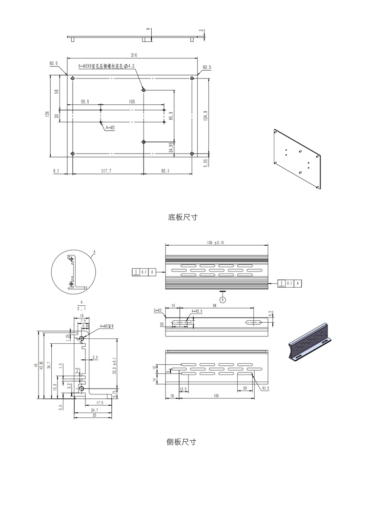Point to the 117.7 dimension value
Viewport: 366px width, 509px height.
(106, 171)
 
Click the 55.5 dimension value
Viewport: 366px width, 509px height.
(85, 102)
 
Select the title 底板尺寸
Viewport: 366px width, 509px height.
(183, 217)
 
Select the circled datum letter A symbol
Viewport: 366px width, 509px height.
(223, 300)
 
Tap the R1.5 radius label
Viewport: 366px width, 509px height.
(265, 389)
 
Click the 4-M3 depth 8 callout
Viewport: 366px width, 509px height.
(106, 326)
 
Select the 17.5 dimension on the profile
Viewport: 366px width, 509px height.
(99, 403)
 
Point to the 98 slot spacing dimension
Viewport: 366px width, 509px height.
(214, 305)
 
